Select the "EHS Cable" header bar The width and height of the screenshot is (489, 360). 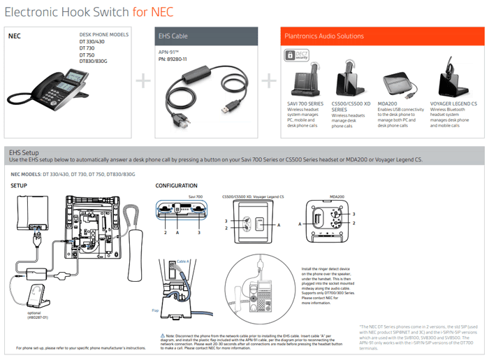(x=207, y=36)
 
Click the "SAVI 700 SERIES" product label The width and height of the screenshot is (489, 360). (x=306, y=103)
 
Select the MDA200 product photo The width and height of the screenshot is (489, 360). (x=400, y=83)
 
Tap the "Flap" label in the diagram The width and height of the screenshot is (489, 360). (x=155, y=310)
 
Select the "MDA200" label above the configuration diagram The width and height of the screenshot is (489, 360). (x=337, y=196)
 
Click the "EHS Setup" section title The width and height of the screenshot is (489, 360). (x=23, y=151)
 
